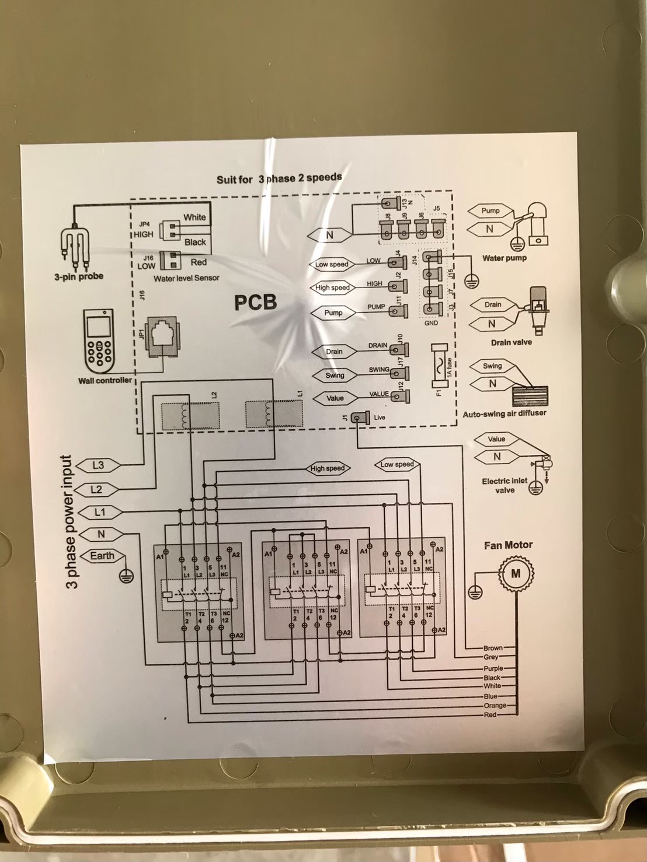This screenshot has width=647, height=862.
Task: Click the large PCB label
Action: tap(255, 302)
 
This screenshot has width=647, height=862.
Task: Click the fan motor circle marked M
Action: tap(516, 573)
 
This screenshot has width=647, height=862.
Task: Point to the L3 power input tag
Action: tap(98, 465)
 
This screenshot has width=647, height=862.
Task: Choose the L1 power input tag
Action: tap(100, 513)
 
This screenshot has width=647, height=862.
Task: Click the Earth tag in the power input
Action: tap(102, 556)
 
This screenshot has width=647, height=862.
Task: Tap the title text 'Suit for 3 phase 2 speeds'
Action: tap(279, 178)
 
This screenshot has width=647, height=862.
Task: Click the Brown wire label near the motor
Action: tap(493, 648)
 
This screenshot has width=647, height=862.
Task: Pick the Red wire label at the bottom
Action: tap(490, 714)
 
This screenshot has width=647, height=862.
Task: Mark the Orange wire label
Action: tap(495, 706)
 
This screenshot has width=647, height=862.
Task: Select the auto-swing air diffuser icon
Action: tap(530, 396)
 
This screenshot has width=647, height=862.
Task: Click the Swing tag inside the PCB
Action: tap(335, 376)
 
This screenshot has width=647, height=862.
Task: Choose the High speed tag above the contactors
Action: tap(328, 468)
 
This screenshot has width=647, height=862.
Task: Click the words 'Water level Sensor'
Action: tap(186, 279)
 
